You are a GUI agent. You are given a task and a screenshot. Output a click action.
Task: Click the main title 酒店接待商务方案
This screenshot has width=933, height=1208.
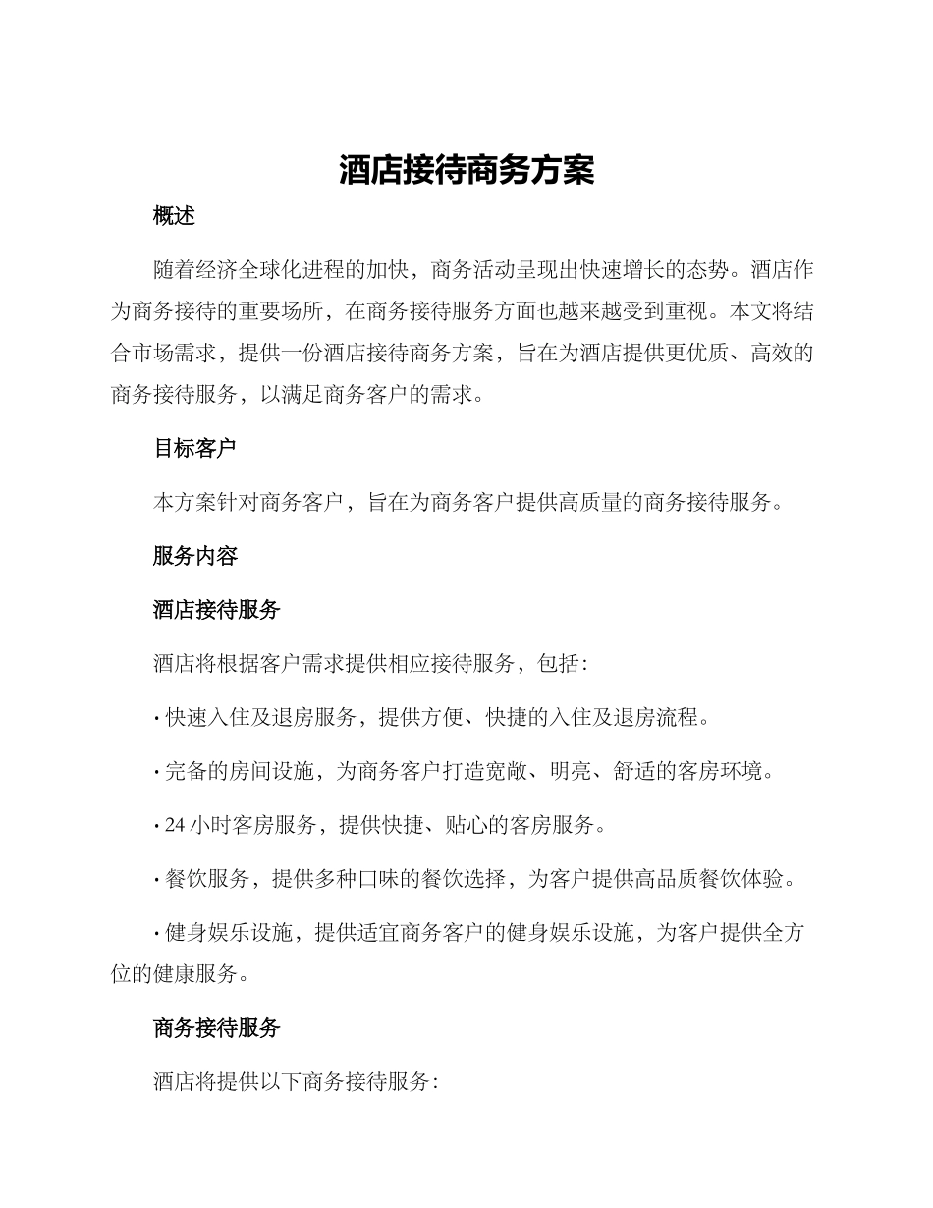click(x=466, y=171)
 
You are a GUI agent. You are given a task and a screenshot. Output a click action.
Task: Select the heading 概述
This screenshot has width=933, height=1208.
click(x=174, y=217)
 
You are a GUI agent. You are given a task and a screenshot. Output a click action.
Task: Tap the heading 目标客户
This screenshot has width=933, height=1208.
click(x=194, y=449)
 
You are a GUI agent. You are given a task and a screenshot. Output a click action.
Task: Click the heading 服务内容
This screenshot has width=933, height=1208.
click(x=194, y=556)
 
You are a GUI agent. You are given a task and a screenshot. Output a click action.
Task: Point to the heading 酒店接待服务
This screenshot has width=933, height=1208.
click(x=216, y=610)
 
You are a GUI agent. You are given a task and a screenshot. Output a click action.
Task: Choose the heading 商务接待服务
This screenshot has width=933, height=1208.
click(x=216, y=1028)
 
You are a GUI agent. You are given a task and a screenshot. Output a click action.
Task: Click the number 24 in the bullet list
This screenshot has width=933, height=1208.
click(x=175, y=826)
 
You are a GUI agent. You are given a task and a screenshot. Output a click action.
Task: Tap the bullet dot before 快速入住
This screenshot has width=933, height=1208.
click(x=157, y=718)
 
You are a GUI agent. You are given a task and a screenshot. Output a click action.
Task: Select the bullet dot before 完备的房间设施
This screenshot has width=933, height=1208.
click(x=157, y=772)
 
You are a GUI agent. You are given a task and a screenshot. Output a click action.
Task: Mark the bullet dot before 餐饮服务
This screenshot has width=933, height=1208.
click(x=157, y=880)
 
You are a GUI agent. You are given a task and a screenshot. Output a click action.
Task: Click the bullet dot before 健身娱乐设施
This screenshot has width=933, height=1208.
click(x=157, y=934)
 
